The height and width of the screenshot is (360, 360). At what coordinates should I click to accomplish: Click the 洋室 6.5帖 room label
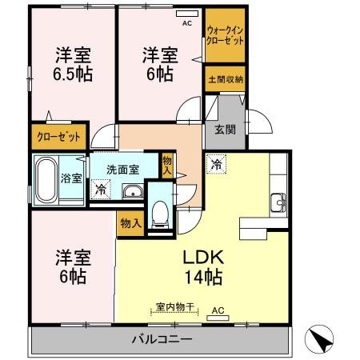[72, 65]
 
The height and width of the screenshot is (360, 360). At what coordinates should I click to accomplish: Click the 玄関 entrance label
[225, 130]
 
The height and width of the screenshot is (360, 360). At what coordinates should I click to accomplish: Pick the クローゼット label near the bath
[59, 137]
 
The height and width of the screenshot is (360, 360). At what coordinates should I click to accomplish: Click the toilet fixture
[160, 212]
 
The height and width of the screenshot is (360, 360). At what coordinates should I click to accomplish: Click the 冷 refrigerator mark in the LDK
[217, 165]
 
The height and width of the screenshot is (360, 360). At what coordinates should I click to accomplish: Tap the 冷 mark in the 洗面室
[100, 190]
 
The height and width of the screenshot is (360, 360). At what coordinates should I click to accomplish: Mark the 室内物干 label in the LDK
[171, 306]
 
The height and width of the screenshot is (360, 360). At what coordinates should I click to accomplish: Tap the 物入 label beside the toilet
[129, 222]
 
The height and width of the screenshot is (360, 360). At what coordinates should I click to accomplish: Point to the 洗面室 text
[124, 170]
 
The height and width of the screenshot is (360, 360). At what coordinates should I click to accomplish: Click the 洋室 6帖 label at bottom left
[72, 268]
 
